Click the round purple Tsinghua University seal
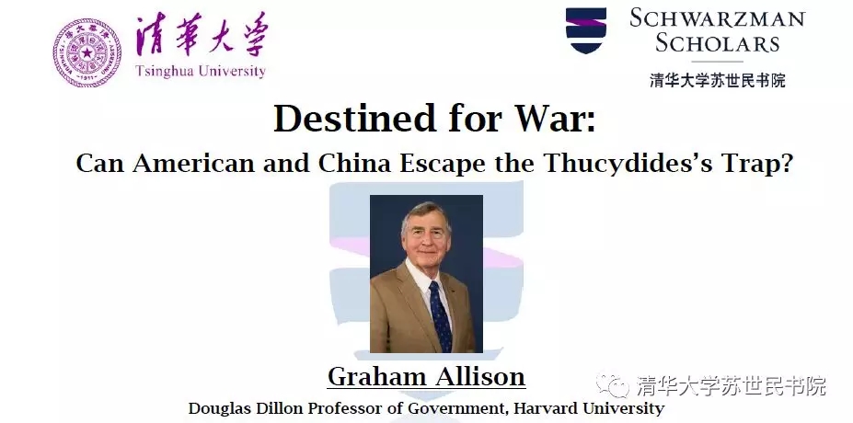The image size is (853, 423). click(x=87, y=52)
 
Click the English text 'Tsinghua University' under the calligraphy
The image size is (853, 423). click(x=201, y=71)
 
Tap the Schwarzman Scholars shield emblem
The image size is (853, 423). click(x=586, y=30)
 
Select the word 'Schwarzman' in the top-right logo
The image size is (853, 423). click(x=718, y=18)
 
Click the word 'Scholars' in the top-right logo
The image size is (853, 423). click(x=718, y=42)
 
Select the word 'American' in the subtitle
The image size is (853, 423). click(x=193, y=163)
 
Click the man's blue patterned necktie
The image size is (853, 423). click(x=440, y=316)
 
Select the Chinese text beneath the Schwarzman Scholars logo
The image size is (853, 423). click(x=718, y=80)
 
